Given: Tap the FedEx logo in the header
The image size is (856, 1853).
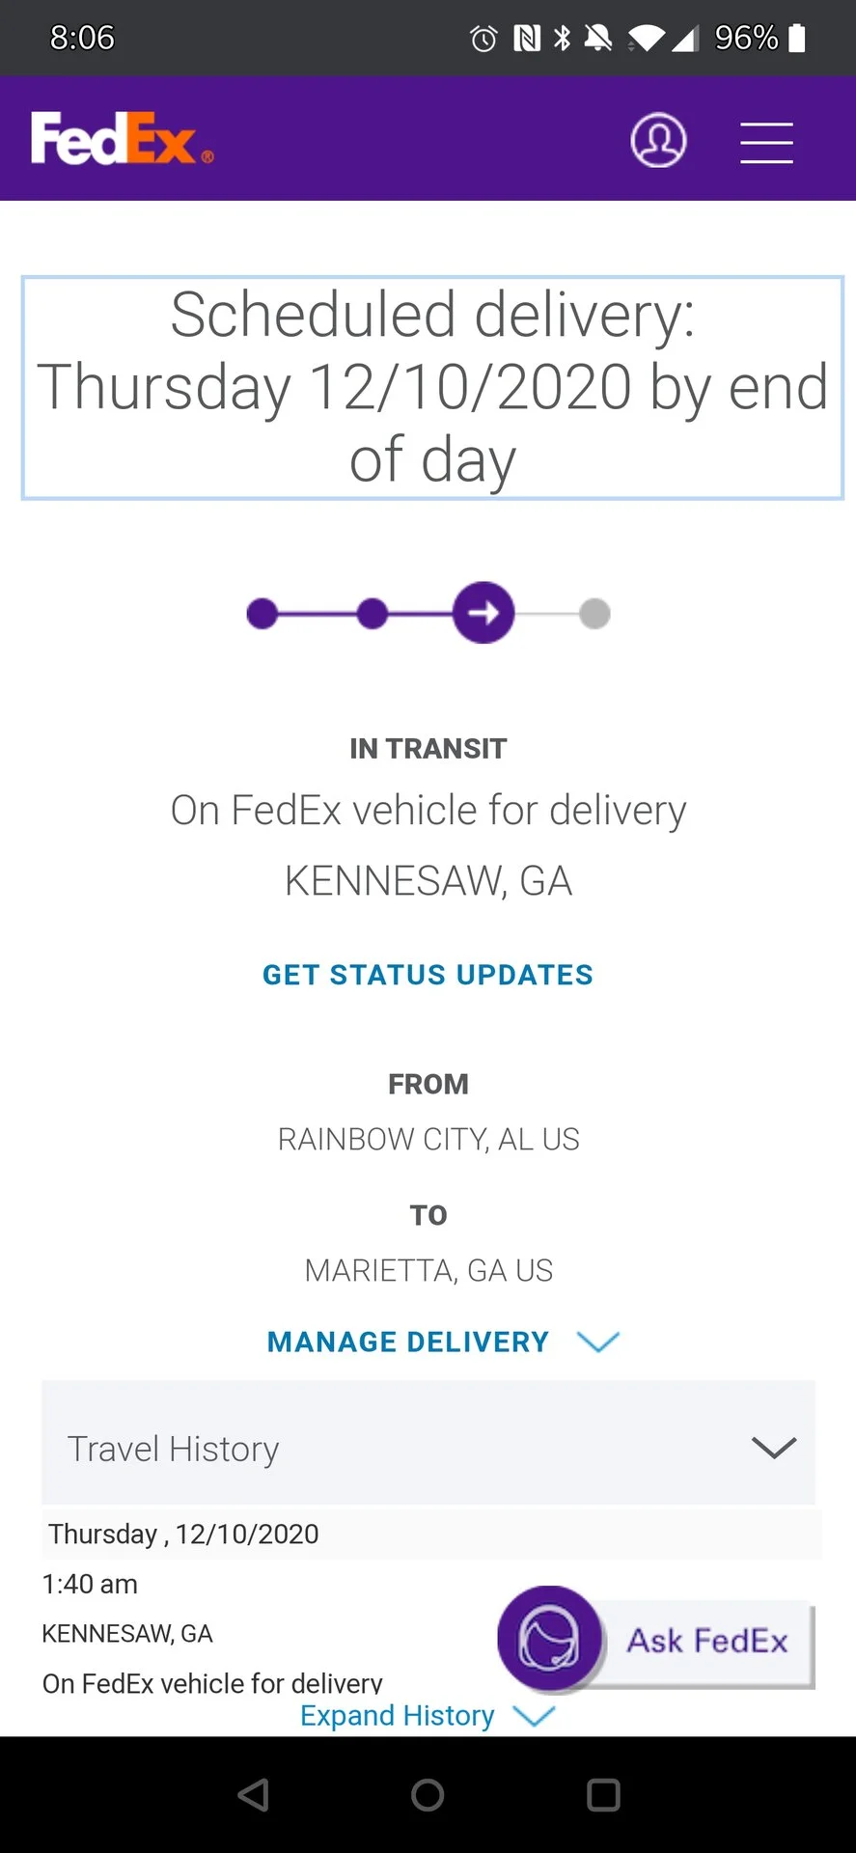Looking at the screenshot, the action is point(122,139).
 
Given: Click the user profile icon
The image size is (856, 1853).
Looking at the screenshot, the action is point(658,140).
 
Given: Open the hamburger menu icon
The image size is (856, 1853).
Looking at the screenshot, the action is point(766,143).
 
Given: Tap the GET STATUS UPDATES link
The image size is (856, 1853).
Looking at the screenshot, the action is point(428,975).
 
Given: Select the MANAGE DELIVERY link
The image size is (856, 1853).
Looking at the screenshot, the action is point(443,1341).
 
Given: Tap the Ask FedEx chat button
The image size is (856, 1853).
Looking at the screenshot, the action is point(656,1640).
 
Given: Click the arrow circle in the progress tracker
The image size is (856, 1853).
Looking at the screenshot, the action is point(483,613).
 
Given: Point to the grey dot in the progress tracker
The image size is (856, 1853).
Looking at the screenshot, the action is point(594,613).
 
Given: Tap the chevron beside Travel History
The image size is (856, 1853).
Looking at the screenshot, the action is point(774,1448).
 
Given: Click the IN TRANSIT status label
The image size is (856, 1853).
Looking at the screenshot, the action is point(428,749).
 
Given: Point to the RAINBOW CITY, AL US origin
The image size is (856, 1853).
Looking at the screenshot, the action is point(428,1140).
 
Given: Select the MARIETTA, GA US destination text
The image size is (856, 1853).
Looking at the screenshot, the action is point(428,1271).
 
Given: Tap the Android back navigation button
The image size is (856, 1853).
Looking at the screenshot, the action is point(253,1795).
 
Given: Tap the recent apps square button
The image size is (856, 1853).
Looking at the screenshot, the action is point(603,1795).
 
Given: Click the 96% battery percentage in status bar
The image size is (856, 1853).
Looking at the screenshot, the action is point(746,38).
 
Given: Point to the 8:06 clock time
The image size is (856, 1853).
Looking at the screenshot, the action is point(82,38).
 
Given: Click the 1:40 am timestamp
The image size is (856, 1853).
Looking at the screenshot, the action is point(90,1584).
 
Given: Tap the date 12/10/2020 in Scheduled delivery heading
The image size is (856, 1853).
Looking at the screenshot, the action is point(471,387).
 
